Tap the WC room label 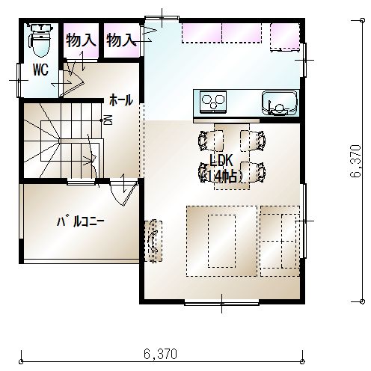point(41,70)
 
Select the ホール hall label point(121,100)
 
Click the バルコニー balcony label point(80,221)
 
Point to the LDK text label point(221,161)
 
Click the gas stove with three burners point(213,102)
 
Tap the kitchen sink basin point(279,103)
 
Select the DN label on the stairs point(110,120)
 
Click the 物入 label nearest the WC point(81,40)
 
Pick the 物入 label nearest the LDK point(121,40)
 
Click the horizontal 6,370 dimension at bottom point(160,354)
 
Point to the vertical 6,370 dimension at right point(355,161)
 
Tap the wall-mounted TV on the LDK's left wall point(153,241)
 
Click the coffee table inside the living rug point(221,241)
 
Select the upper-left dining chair point(210,141)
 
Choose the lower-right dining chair point(253,172)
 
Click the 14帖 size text point(221,177)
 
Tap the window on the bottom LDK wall point(221,304)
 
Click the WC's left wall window point(19,80)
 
